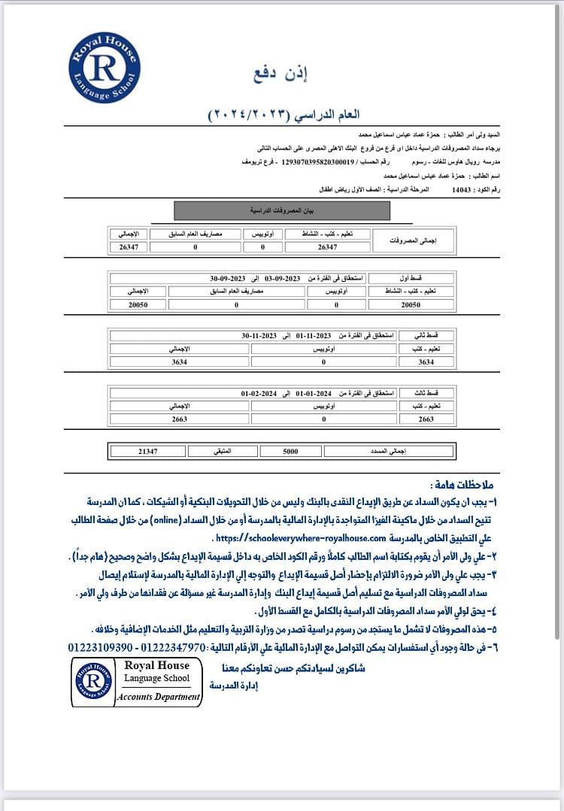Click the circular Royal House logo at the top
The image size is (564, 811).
coord(104,68)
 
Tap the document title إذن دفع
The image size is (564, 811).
coord(287,74)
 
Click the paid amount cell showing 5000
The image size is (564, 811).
coord(290,451)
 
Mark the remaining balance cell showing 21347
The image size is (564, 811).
coord(147,451)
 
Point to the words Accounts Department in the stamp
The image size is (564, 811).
coord(159,697)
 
